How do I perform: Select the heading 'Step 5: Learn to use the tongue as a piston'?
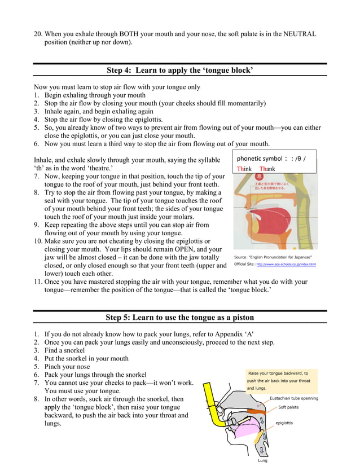point(179,317)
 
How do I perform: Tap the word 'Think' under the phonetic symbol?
point(244,169)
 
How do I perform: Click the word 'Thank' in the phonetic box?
point(267,169)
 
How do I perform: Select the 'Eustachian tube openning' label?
point(293,398)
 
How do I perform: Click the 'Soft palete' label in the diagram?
point(288,407)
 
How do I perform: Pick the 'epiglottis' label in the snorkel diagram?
point(287,423)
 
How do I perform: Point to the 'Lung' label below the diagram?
point(263,460)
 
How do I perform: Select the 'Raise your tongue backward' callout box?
point(282,381)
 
